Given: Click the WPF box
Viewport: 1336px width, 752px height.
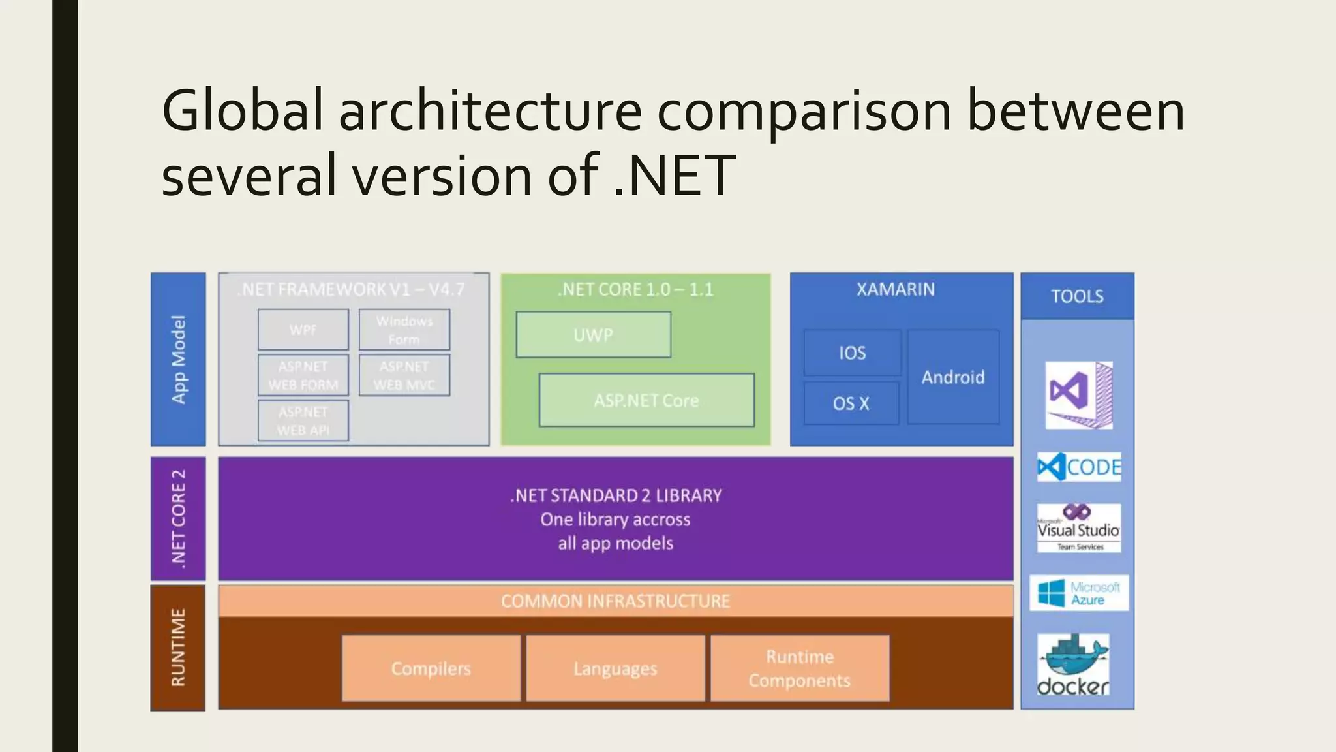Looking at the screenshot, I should click(x=303, y=330).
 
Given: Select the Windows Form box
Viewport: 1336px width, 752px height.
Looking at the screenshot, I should click(x=404, y=330).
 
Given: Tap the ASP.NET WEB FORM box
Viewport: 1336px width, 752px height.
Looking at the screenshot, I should click(x=303, y=375).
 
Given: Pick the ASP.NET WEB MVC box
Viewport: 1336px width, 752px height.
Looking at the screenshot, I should click(x=404, y=375).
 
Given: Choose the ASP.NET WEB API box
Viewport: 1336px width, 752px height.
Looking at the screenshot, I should click(x=303, y=421).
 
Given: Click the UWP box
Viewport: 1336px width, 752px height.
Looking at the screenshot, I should click(x=593, y=335).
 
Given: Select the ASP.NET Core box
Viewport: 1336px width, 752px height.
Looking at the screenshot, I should click(x=646, y=400).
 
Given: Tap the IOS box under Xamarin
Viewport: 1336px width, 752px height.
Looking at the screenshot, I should click(x=852, y=352).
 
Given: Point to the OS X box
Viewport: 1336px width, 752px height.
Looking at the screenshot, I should click(x=851, y=403).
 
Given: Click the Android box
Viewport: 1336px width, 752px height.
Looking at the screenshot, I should click(x=953, y=377).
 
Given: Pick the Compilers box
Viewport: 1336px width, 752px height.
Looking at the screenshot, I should click(x=431, y=668).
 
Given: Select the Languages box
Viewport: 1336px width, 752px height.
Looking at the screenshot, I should click(x=615, y=668).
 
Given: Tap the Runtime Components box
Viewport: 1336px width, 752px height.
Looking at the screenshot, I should click(x=800, y=668).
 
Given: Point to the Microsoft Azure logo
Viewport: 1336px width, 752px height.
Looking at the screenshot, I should click(x=1079, y=593).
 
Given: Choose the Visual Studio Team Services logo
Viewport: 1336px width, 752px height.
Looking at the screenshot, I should click(x=1079, y=528).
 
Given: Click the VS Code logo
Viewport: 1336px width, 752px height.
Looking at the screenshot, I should click(x=1079, y=467).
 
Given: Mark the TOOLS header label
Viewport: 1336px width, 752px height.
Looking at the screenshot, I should click(x=1077, y=296).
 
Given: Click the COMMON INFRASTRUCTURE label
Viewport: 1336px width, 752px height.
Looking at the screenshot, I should click(x=615, y=601).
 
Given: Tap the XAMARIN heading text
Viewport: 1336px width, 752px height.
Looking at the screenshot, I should click(x=896, y=289).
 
